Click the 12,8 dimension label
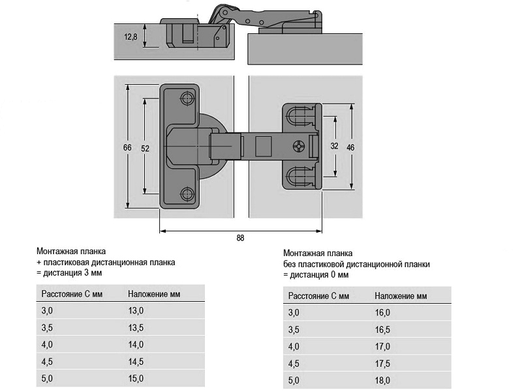pyautogui.click(x=130, y=37)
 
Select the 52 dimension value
pyautogui.click(x=145, y=149)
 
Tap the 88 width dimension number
pyautogui.click(x=240, y=239)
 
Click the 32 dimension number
pyautogui.click(x=334, y=147)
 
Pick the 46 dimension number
pyautogui.click(x=350, y=148)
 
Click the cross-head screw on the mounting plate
pyautogui.click(x=300, y=147)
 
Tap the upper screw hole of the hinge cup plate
pyautogui.click(x=187, y=98)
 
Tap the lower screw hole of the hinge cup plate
pyautogui.click(x=187, y=194)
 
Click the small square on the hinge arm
pyautogui.click(x=263, y=145)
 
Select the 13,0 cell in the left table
pyautogui.click(x=136, y=311)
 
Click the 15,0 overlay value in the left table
pyautogui.click(x=136, y=379)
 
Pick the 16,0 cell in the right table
pyautogui.click(x=382, y=313)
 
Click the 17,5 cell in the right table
pyautogui.click(x=382, y=364)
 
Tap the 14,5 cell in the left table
pyautogui.click(x=136, y=362)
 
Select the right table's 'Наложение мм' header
pyautogui.click(x=401, y=296)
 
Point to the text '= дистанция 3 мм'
pyautogui.click(x=69, y=273)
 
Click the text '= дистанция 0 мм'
pyautogui.click(x=316, y=275)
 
